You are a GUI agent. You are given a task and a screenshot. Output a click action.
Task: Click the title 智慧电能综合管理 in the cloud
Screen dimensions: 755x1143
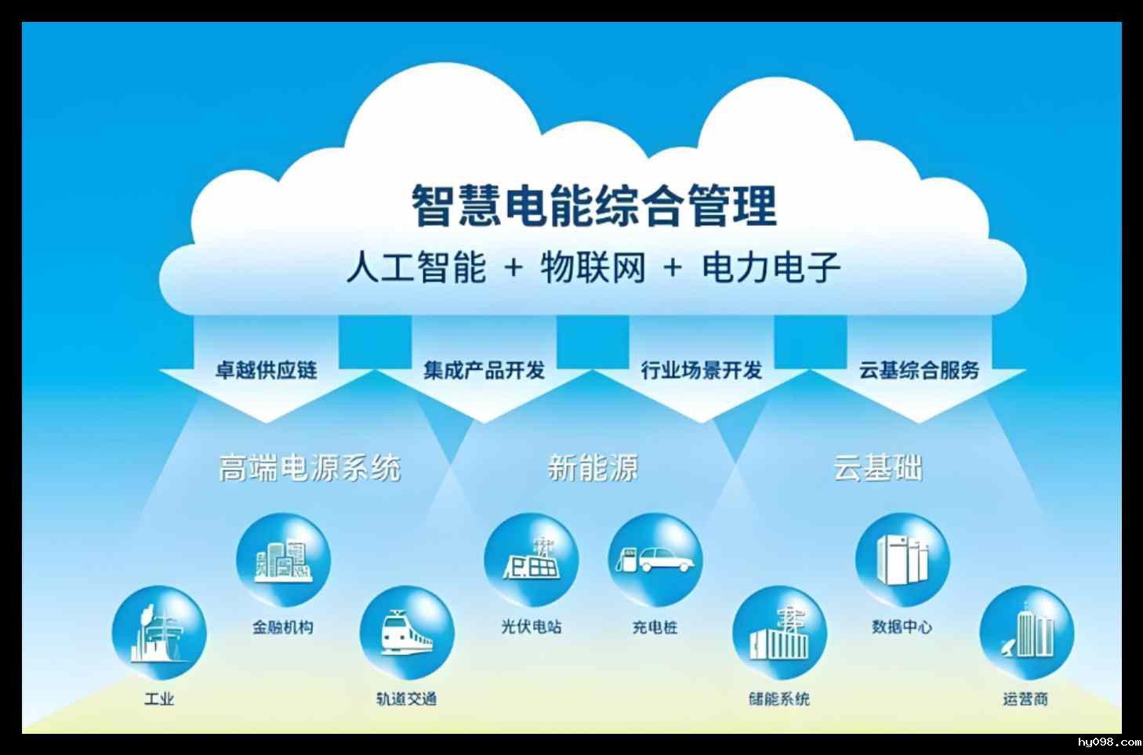[x=594, y=205]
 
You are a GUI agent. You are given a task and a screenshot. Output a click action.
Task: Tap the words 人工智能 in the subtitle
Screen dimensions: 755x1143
[x=416, y=267]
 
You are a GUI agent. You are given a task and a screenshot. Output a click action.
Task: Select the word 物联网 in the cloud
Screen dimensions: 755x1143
[x=593, y=267]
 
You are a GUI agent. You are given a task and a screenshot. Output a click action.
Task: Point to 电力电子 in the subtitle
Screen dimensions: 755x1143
[x=771, y=267]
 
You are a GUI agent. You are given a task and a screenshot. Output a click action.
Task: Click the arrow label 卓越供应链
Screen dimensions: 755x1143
[x=266, y=369]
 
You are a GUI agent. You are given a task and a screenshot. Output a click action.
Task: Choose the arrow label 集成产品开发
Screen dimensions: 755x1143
[x=484, y=369]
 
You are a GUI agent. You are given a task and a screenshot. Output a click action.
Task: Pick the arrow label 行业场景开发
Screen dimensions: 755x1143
[x=701, y=369]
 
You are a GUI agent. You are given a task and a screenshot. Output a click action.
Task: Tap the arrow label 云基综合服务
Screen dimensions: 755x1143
[x=919, y=369]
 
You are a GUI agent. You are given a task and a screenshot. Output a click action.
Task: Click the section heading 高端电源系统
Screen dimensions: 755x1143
[x=310, y=468]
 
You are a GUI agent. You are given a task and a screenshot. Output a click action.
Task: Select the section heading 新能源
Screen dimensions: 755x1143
[x=593, y=468]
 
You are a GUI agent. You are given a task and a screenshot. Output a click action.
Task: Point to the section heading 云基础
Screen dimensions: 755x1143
[x=877, y=468]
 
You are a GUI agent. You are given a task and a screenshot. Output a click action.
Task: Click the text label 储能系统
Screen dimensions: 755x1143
[x=778, y=698]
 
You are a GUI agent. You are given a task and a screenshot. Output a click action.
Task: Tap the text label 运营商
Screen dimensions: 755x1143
[x=1025, y=698]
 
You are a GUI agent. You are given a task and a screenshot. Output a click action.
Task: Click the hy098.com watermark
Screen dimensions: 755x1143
[x=1109, y=742]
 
